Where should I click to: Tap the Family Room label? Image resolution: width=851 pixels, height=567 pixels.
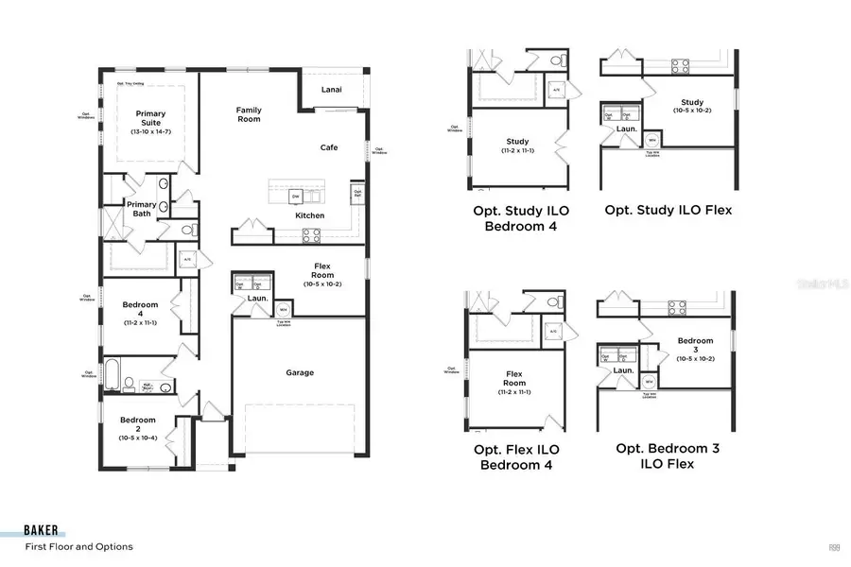249,114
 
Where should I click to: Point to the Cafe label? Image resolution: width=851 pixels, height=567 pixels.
329,147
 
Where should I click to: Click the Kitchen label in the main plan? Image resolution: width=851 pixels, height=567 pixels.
309,215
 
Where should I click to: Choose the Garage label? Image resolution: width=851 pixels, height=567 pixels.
300,372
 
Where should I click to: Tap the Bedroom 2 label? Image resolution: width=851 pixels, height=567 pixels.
138,425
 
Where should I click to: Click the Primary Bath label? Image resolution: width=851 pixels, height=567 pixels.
141,209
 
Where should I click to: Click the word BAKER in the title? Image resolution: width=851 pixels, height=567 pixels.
44,531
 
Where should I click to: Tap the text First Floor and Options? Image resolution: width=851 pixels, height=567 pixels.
78,547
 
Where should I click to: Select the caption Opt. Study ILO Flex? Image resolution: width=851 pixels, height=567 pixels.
669,210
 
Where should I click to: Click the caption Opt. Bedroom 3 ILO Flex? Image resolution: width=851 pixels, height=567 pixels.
668,455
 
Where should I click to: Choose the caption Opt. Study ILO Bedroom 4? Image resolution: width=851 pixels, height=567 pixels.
516,218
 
